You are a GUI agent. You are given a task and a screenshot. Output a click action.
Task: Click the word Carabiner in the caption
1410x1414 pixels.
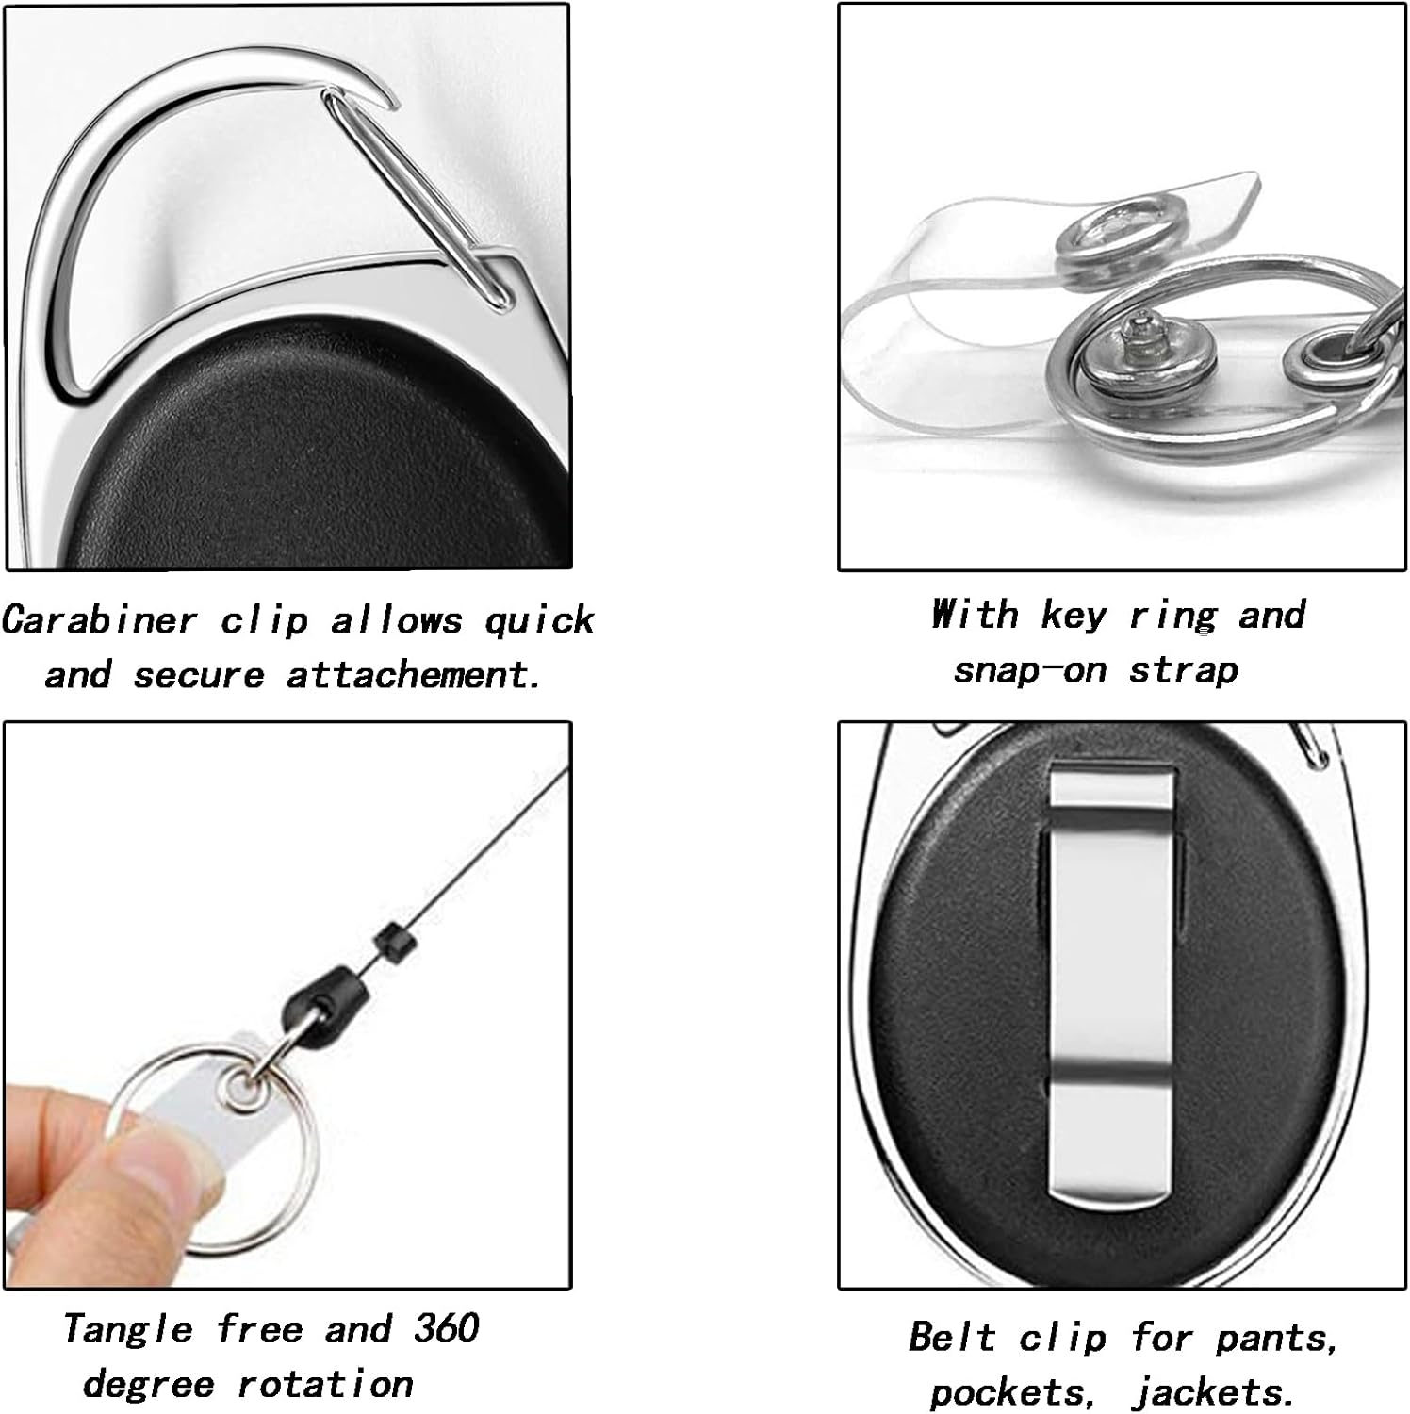pyautogui.click(x=100, y=621)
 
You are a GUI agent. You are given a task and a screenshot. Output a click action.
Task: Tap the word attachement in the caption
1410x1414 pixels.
pyautogui.click(x=414, y=676)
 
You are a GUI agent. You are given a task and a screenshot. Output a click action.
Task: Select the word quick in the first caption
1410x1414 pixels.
pyautogui.click(x=539, y=621)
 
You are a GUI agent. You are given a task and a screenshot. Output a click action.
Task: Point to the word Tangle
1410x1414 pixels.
pyautogui.click(x=128, y=1330)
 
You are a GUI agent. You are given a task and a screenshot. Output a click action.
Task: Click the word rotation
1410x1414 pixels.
pyautogui.click(x=325, y=1384)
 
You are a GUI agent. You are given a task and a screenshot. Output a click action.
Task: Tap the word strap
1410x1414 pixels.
pyautogui.click(x=1184, y=670)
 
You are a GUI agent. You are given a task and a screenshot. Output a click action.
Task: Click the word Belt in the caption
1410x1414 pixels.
pyautogui.click(x=952, y=1338)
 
